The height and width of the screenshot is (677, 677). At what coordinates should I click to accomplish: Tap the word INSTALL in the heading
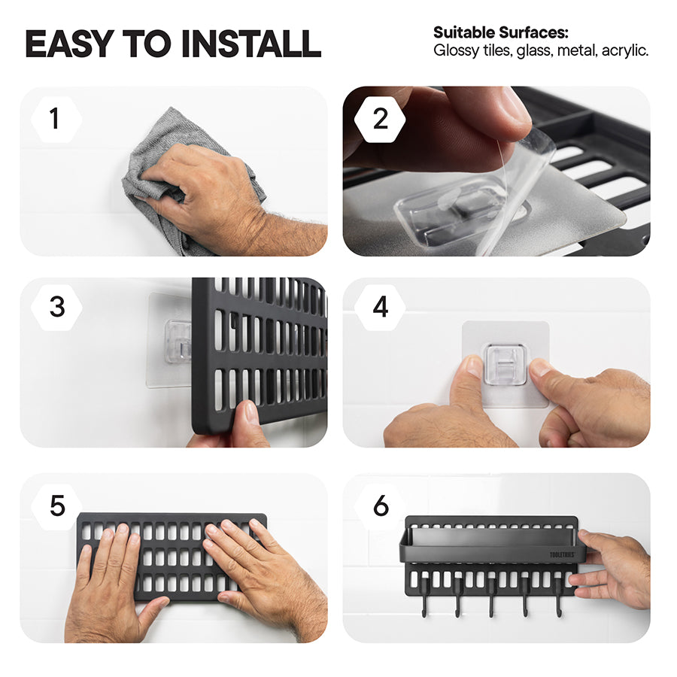pyautogui.click(x=251, y=44)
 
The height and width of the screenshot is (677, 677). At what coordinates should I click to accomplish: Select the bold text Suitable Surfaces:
pyautogui.click(x=501, y=33)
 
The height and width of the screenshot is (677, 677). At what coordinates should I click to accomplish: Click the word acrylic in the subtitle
pyautogui.click(x=625, y=51)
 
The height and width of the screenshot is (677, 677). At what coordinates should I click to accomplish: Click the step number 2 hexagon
pyautogui.click(x=380, y=119)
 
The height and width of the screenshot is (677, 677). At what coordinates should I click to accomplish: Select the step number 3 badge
pyautogui.click(x=56, y=308)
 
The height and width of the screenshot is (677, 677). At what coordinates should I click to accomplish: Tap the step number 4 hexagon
pyautogui.click(x=380, y=308)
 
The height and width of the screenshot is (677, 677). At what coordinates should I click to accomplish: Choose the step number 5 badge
pyautogui.click(x=57, y=506)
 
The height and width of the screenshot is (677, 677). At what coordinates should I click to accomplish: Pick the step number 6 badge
pyautogui.click(x=381, y=506)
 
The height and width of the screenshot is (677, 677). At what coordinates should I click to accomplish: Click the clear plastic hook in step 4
pyautogui.click(x=505, y=364)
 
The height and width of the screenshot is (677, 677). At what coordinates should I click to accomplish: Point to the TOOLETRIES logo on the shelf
pyautogui.click(x=562, y=555)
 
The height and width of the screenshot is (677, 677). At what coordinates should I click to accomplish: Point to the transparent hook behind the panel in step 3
pyautogui.click(x=178, y=341)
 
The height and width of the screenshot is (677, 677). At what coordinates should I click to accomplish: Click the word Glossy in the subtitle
pyautogui.click(x=456, y=51)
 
